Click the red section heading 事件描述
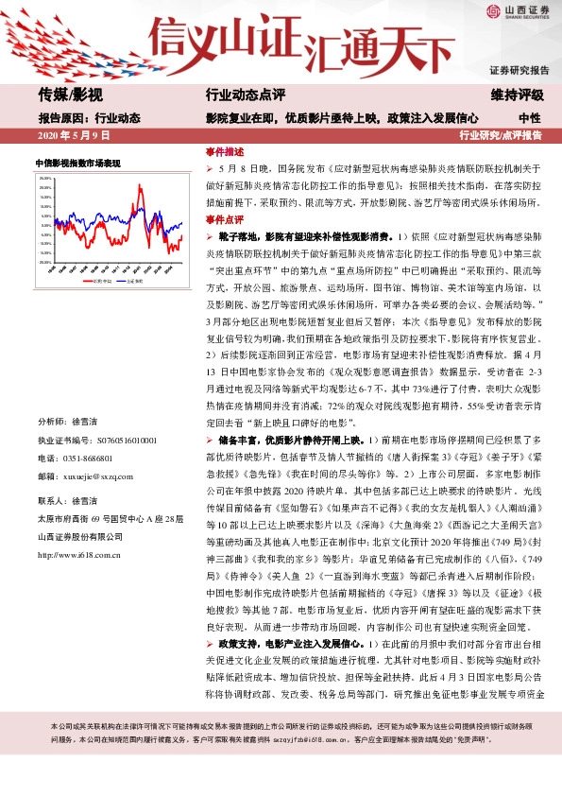[225, 151]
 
